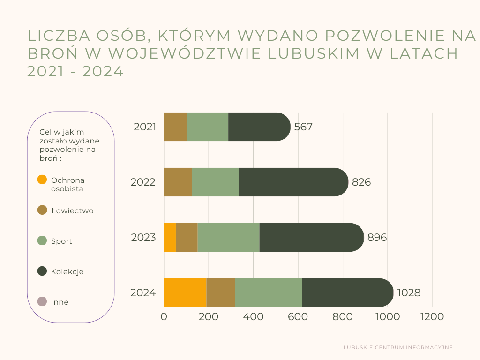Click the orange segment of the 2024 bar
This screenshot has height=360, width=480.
[x=185, y=292]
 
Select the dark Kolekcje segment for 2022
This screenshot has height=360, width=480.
[x=293, y=182]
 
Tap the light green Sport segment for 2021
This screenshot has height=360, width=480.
[x=208, y=127]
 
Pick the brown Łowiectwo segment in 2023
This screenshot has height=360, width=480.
[x=187, y=237]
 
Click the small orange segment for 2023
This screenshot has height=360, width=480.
[x=170, y=237]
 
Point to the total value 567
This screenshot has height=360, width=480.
[x=303, y=127]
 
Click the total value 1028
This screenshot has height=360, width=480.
[x=409, y=293]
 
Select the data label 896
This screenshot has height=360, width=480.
[x=377, y=238]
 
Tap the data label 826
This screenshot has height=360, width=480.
[x=361, y=182]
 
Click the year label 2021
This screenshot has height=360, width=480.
[x=145, y=127]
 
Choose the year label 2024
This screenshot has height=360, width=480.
[x=143, y=293]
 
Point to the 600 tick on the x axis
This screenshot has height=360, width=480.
[x=298, y=317]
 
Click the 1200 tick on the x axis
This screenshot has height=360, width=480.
[x=432, y=317]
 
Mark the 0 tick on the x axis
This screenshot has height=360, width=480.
[x=164, y=317]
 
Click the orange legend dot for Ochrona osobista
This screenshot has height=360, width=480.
[x=42, y=180]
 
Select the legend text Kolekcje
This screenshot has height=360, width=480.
[x=67, y=272]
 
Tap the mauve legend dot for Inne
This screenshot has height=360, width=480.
[x=42, y=301]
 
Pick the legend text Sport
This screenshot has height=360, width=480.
[x=61, y=241]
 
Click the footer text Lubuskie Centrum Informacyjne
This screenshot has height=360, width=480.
[x=398, y=348]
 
